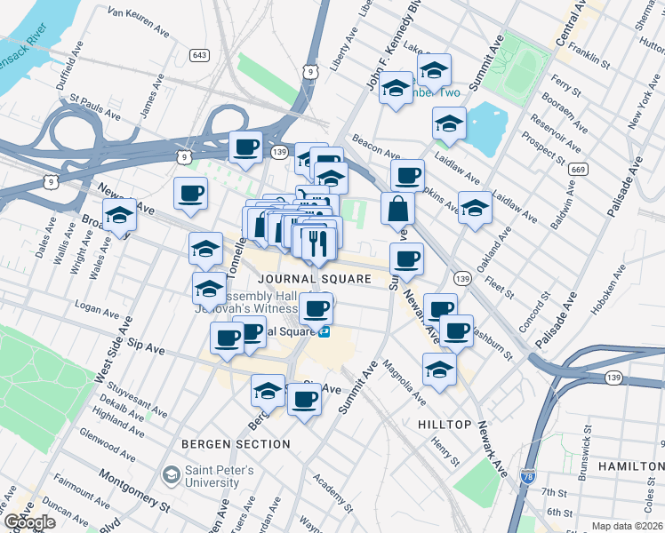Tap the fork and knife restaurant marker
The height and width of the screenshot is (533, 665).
click(x=318, y=243)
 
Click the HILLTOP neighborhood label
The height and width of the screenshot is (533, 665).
click(x=445, y=425)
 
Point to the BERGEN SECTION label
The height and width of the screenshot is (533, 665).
click(x=235, y=443)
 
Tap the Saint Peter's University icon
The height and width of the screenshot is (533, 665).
click(x=168, y=475)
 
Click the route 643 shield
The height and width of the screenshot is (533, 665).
click(x=199, y=55)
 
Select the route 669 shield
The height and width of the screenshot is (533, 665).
click(x=578, y=170)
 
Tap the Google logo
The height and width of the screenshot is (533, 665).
click(x=29, y=522)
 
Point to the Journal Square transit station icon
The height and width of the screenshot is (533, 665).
click(x=326, y=331)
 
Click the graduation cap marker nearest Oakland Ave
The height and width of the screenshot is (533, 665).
click(x=475, y=209)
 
